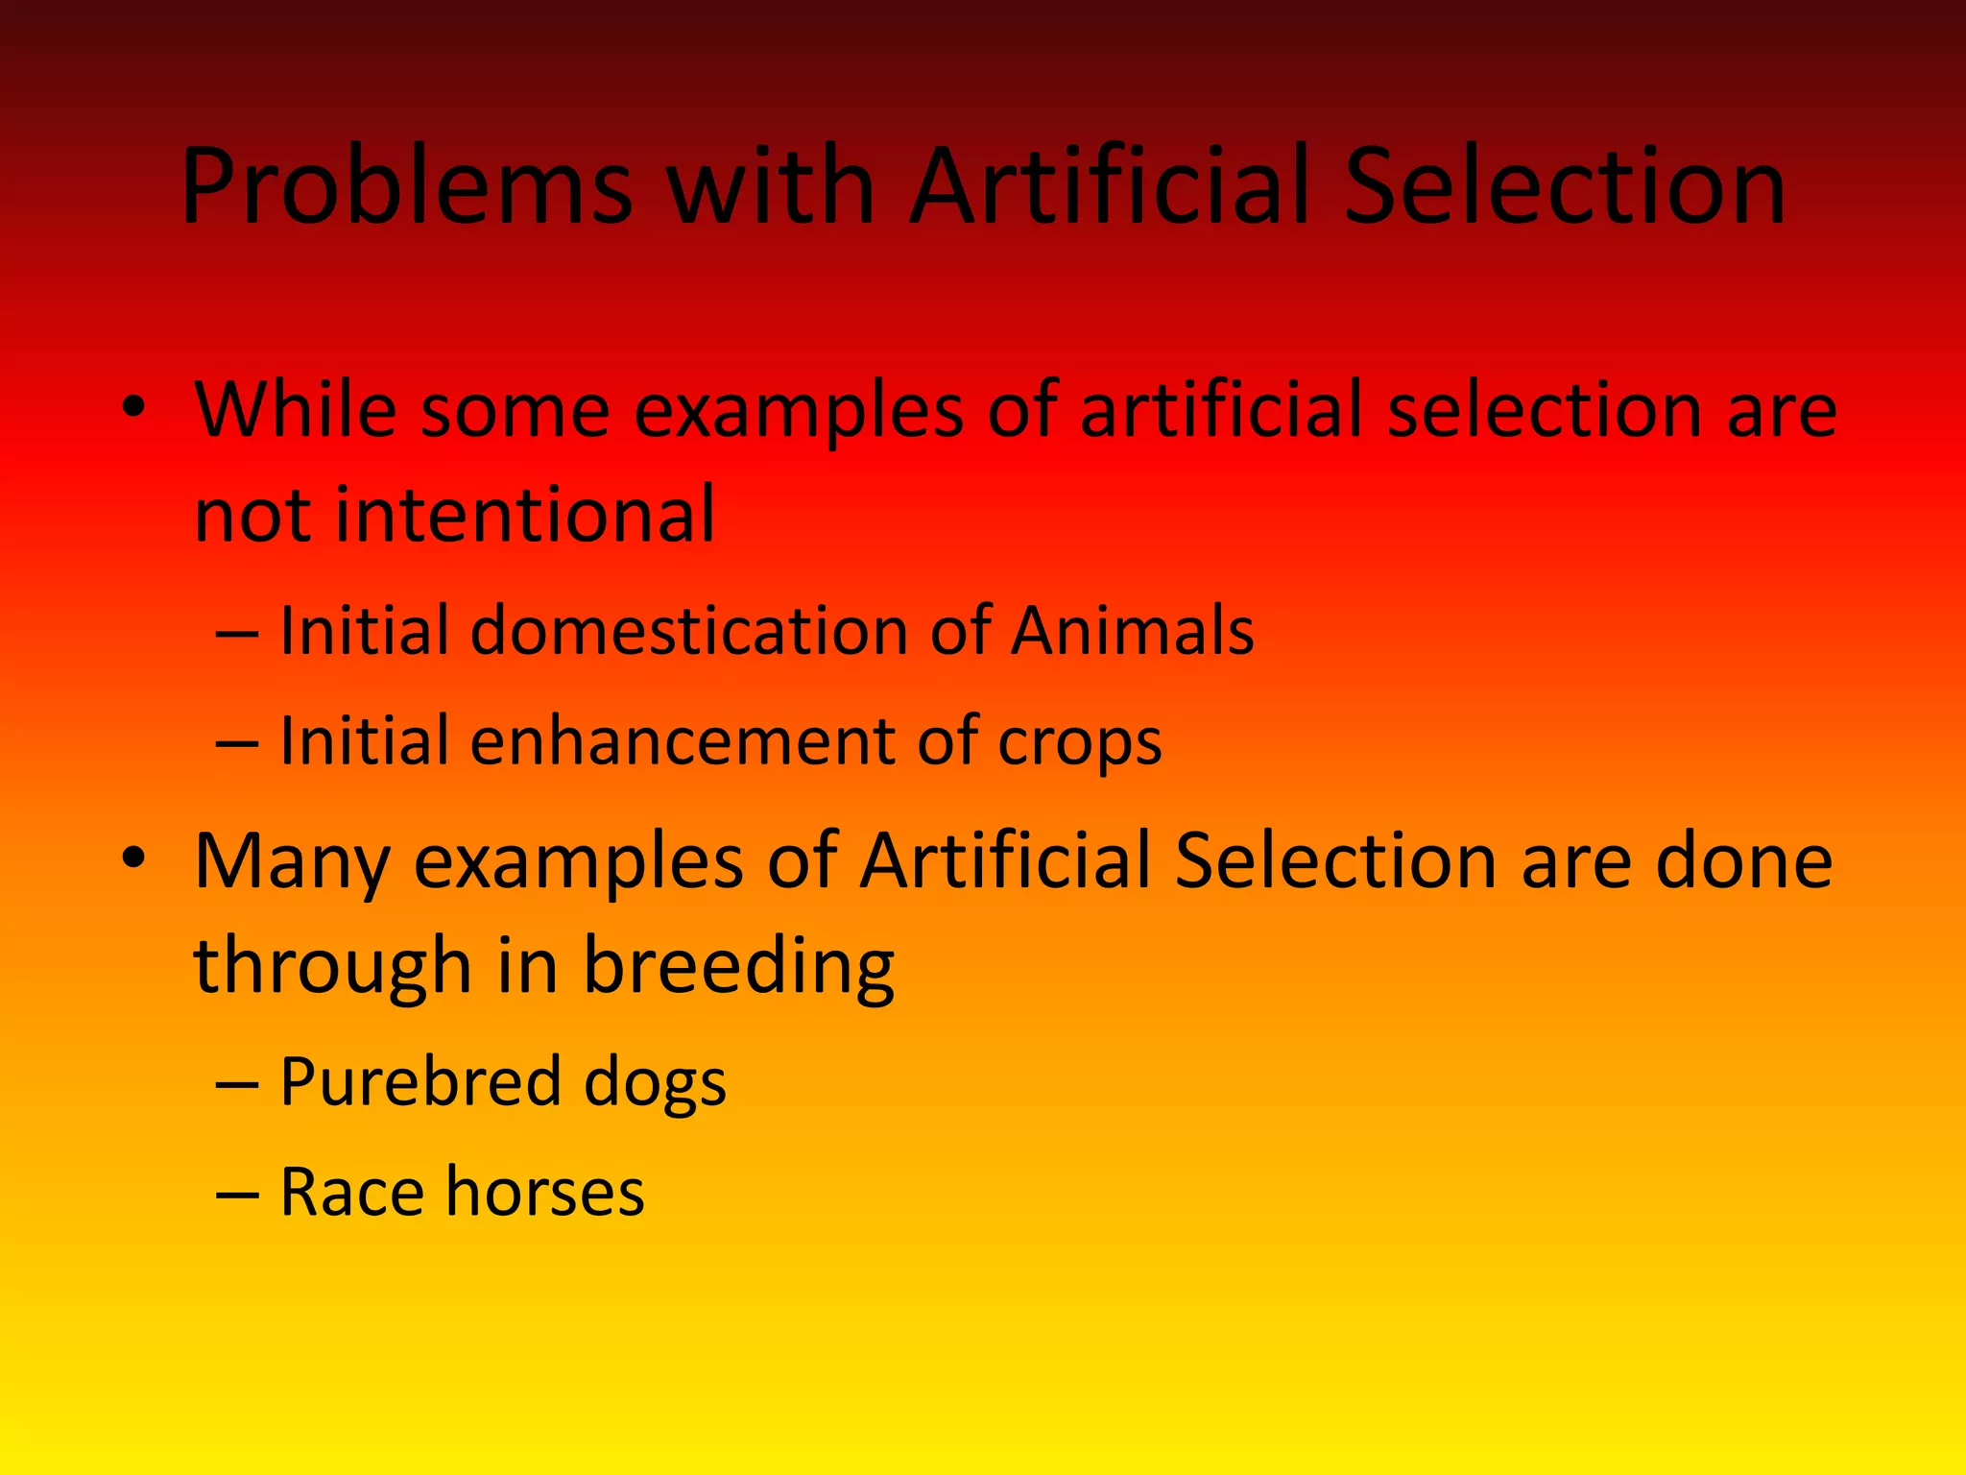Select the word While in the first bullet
pos(295,409)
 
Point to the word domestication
pos(689,631)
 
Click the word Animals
pos(1132,631)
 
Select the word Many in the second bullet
pos(291,862)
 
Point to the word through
pos(332,965)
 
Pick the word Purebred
pos(420,1082)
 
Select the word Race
pos(351,1192)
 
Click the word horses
pos(545,1192)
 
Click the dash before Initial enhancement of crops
pos(236,743)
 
